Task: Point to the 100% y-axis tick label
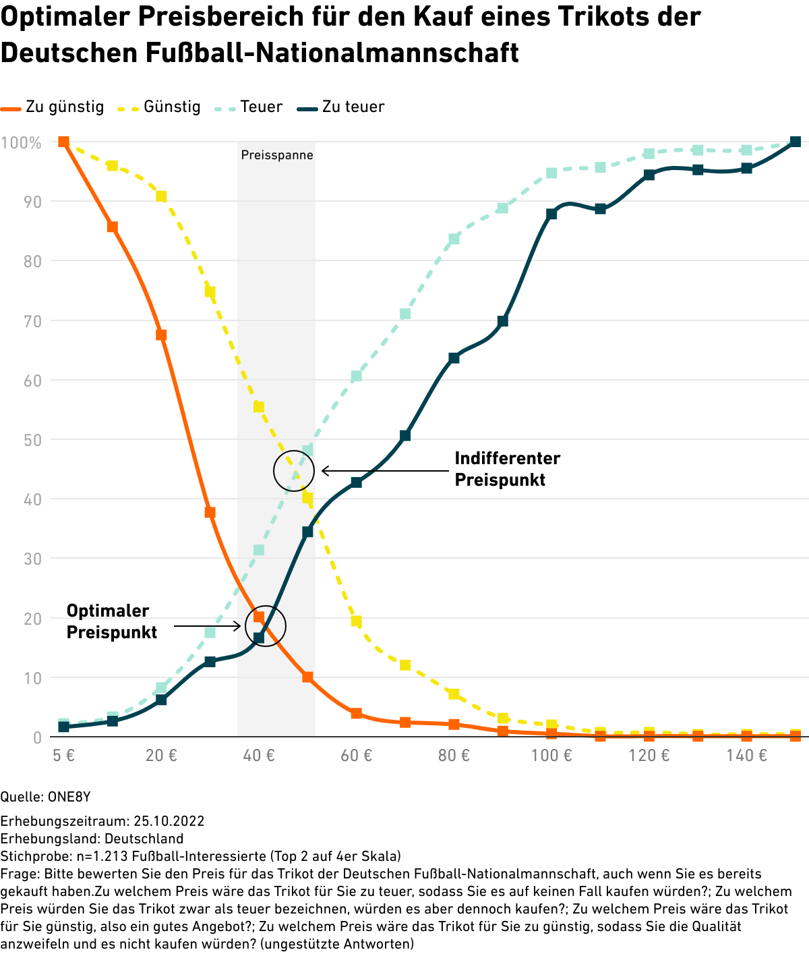pyautogui.click(x=21, y=143)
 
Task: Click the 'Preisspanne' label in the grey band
pyautogui.click(x=277, y=155)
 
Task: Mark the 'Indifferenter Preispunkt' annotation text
pyautogui.click(x=507, y=469)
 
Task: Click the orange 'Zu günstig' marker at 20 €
pyautogui.click(x=161, y=335)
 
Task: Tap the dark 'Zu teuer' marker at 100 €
pyautogui.click(x=551, y=214)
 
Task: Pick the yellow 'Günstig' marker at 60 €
pyautogui.click(x=357, y=621)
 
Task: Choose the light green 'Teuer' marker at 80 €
pyautogui.click(x=454, y=239)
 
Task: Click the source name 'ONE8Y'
pyautogui.click(x=69, y=797)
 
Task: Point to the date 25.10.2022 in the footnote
pyautogui.click(x=169, y=821)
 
